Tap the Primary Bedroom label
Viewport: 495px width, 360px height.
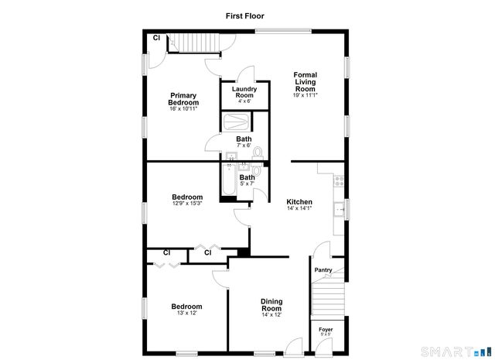(x=184, y=99)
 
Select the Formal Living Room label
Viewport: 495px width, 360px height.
(x=305, y=81)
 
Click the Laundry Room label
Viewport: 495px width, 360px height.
(x=244, y=91)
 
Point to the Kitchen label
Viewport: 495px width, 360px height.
(x=299, y=201)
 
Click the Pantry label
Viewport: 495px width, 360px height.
(x=323, y=270)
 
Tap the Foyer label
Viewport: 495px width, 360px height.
(x=326, y=330)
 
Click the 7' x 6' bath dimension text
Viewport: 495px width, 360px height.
(x=244, y=146)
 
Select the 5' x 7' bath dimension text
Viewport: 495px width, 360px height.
(x=247, y=183)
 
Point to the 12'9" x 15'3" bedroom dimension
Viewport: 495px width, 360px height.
(x=187, y=204)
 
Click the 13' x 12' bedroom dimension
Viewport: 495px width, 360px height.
(x=186, y=313)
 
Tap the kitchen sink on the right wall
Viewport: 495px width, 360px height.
(x=339, y=208)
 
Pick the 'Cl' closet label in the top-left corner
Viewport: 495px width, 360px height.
(x=155, y=38)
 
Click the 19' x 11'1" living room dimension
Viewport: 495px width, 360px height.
(x=306, y=95)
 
